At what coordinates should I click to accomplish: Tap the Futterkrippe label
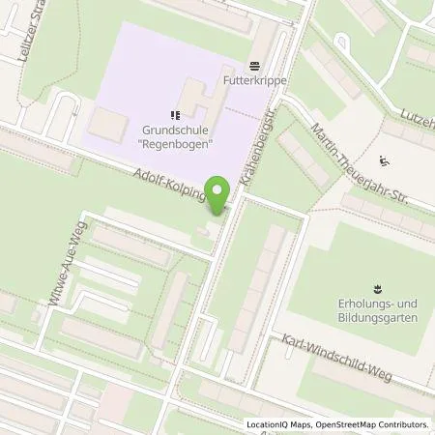click(x=254, y=84)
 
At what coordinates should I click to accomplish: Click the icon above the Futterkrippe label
click(x=254, y=67)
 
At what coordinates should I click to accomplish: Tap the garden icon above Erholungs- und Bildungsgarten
click(x=376, y=287)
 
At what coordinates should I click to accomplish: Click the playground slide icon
click(x=385, y=161)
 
